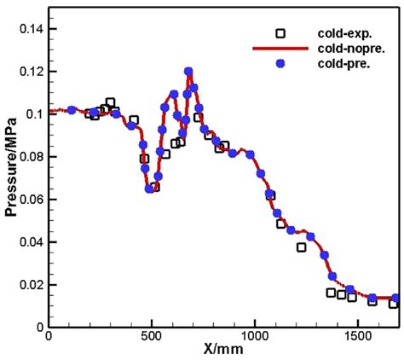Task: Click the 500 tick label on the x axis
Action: (x=152, y=336)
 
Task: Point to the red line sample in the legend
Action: (x=280, y=49)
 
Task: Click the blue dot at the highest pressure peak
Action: (x=188, y=72)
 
